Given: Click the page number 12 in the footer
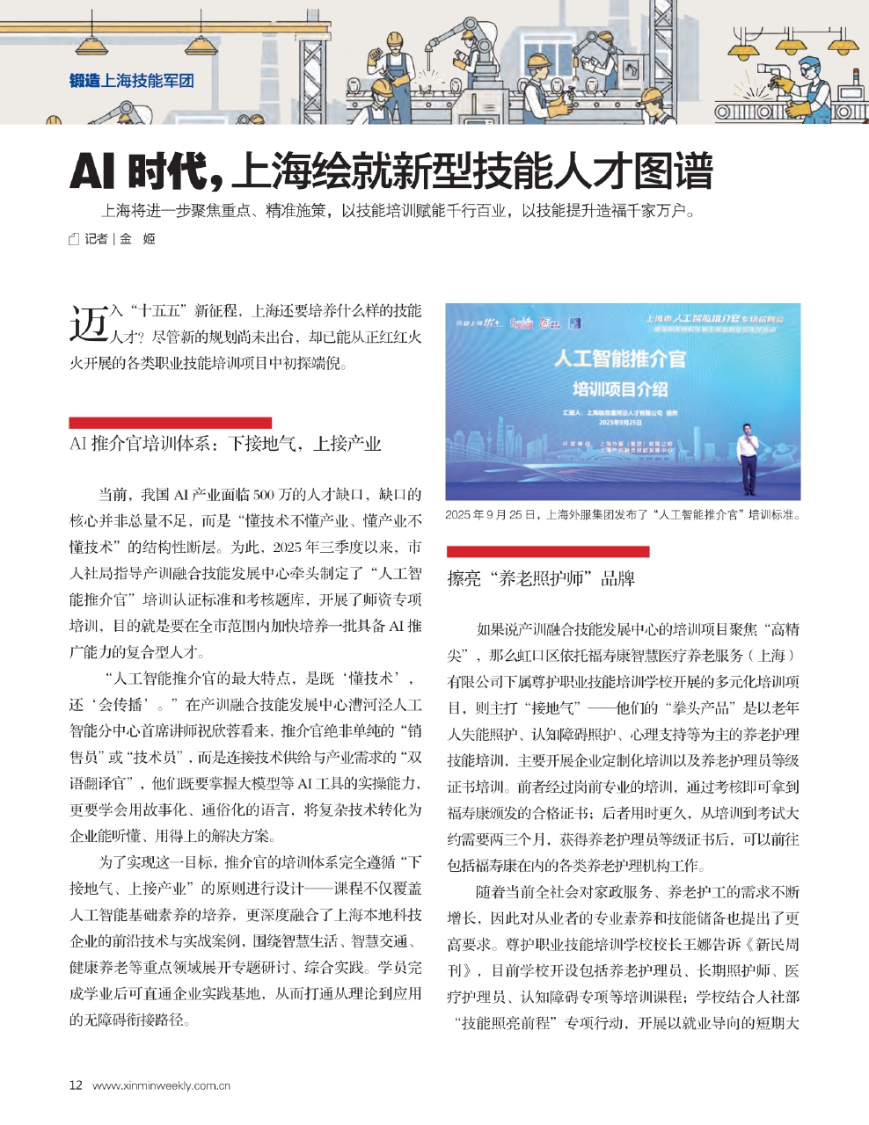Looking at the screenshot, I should (x=76, y=1085).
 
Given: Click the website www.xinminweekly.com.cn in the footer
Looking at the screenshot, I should (x=161, y=1085).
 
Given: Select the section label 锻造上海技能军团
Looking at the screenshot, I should (x=131, y=81).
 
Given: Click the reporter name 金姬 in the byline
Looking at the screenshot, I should (x=137, y=238).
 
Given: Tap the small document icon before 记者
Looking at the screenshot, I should (x=74, y=239).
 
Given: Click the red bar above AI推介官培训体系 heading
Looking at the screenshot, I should (x=170, y=423).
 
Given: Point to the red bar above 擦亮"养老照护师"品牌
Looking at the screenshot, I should (x=547, y=552).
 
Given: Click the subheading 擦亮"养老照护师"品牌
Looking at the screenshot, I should (x=540, y=578).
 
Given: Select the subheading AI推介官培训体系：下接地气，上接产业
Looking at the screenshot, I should (x=225, y=444).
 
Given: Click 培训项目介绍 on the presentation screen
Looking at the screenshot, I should (x=619, y=388).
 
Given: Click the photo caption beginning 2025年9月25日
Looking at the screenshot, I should (x=623, y=515).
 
